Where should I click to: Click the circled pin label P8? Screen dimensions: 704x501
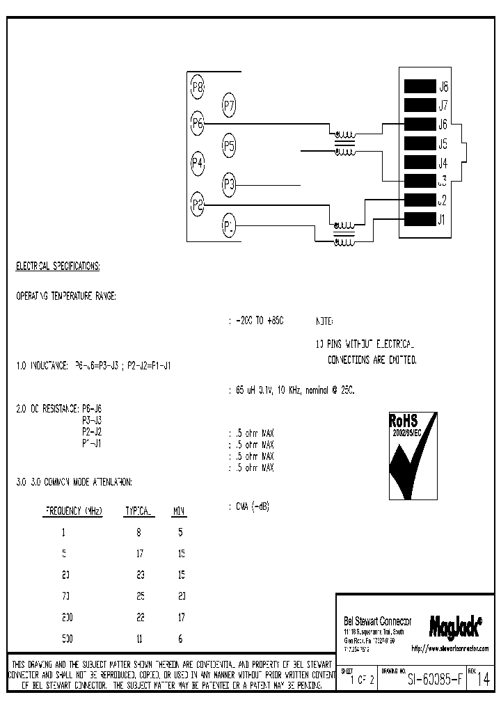click(x=198, y=87)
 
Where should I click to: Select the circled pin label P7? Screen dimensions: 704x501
click(x=230, y=106)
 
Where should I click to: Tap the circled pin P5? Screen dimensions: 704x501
click(x=230, y=146)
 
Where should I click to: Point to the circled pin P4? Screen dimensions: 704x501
click(x=198, y=163)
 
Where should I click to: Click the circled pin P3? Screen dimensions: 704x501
click(x=230, y=185)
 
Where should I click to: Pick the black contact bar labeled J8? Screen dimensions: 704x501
click(x=419, y=87)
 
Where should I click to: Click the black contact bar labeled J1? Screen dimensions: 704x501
click(x=419, y=221)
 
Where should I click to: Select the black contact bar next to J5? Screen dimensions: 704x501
click(x=419, y=144)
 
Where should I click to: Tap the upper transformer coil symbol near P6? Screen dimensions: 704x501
click(x=343, y=134)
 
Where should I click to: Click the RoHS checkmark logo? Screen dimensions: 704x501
click(x=413, y=455)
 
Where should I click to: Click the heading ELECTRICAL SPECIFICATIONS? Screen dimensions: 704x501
click(x=58, y=266)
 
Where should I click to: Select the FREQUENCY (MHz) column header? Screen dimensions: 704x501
click(x=74, y=511)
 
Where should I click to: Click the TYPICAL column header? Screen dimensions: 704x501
click(x=139, y=511)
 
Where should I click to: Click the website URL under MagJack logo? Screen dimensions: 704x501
click(x=450, y=648)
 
